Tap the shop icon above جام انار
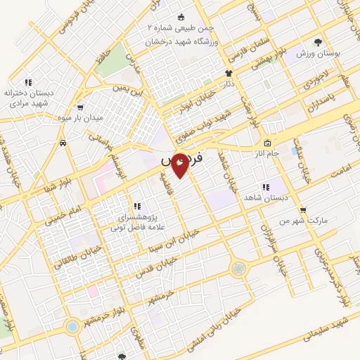pyautogui.click(x=267, y=143)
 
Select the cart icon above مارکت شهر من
pyautogui.click(x=302, y=210)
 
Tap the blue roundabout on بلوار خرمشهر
pyautogui.click(x=72, y=326)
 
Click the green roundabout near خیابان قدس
pyautogui.click(x=240, y=268)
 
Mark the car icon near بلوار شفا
pyautogui.click(x=64, y=143)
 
